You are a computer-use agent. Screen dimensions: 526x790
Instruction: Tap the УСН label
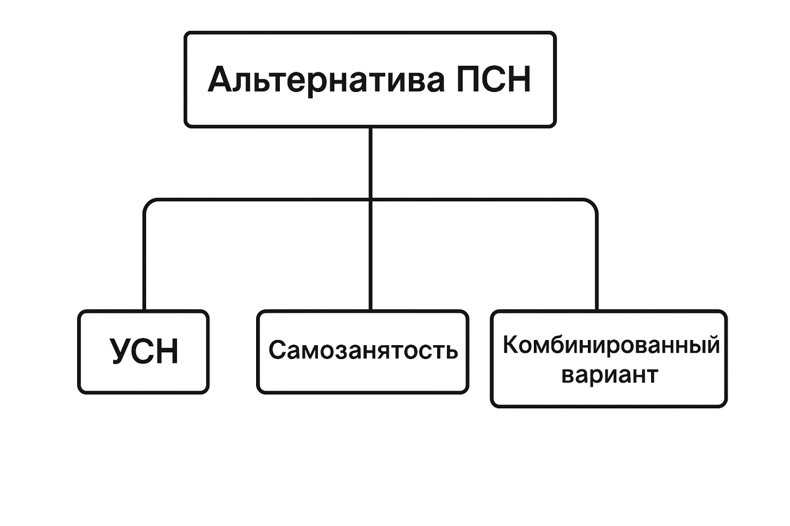[144, 352]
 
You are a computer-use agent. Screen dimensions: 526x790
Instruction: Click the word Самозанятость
[363, 350]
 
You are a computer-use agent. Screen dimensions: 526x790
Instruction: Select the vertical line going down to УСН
[144, 263]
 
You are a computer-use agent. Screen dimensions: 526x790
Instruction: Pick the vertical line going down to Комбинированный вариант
[596, 263]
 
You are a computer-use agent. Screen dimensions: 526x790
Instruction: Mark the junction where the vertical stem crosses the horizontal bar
[370, 199]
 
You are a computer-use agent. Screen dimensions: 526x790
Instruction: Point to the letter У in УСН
[119, 352]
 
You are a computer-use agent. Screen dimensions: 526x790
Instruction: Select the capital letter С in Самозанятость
[276, 350]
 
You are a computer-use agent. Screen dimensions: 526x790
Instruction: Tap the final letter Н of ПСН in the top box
[519, 80]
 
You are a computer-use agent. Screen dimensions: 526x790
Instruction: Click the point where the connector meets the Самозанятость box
[370, 310]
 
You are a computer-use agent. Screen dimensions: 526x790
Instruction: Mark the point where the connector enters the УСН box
[144, 310]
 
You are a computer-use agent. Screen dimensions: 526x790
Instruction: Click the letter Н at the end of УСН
[167, 352]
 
